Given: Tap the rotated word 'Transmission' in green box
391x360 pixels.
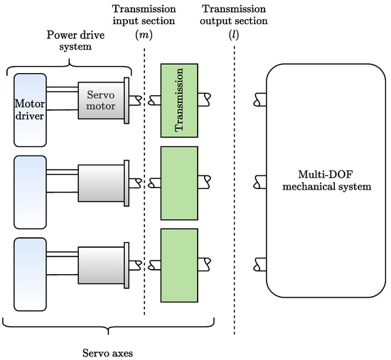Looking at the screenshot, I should tap(179, 99).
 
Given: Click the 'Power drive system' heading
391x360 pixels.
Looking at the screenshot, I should tap(69, 41).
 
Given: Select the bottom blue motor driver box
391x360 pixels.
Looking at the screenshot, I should tap(30, 265).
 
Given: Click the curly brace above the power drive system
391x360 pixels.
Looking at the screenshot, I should tap(69, 62).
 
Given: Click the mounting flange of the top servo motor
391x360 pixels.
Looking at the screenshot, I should tap(127, 99).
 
